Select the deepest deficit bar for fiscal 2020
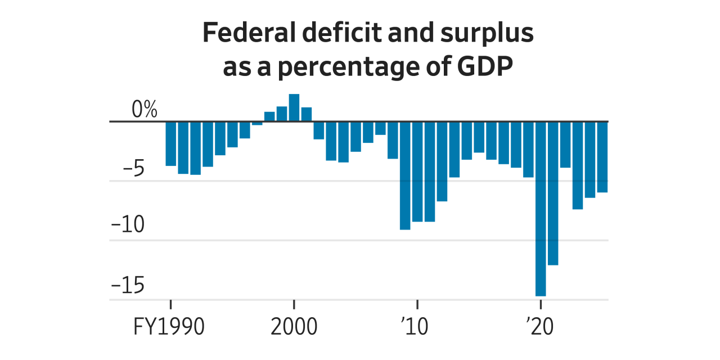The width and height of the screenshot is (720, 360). point(541,208)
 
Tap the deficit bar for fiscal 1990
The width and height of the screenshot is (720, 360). point(170,143)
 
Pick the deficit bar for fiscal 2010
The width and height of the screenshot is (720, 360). point(417,172)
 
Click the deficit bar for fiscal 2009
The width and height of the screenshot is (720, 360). point(405,175)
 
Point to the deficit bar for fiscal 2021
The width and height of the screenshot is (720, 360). point(553,193)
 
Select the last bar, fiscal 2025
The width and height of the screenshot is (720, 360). point(602,157)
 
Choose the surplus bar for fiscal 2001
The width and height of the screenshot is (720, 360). point(307,114)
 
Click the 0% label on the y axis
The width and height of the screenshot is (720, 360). point(144,110)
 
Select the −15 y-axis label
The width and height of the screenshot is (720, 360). point(128,286)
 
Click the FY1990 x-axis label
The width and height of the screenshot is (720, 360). point(169,327)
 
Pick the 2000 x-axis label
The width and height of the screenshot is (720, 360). point(294,327)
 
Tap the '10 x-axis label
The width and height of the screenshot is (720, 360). point(416,327)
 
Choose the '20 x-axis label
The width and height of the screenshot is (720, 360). point(539,327)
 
